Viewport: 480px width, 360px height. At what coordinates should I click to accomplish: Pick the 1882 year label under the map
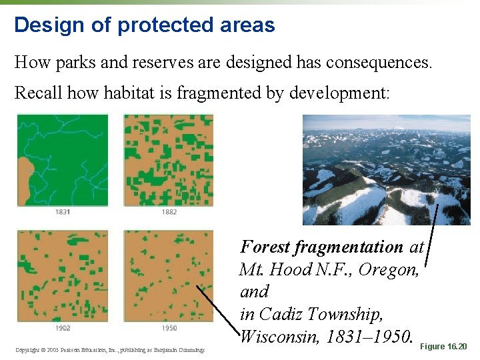(169, 212)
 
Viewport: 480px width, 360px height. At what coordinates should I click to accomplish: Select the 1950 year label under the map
(169, 328)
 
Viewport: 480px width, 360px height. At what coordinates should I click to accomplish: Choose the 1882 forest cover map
(169, 160)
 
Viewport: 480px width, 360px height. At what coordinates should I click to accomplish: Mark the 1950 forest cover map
(169, 276)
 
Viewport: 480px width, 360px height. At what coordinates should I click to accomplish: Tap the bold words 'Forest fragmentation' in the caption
(321, 247)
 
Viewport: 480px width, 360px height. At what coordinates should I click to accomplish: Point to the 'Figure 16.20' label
(445, 347)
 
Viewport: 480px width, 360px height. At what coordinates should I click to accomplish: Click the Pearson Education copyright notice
(110, 350)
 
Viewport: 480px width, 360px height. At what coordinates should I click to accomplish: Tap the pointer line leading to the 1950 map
(217, 309)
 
